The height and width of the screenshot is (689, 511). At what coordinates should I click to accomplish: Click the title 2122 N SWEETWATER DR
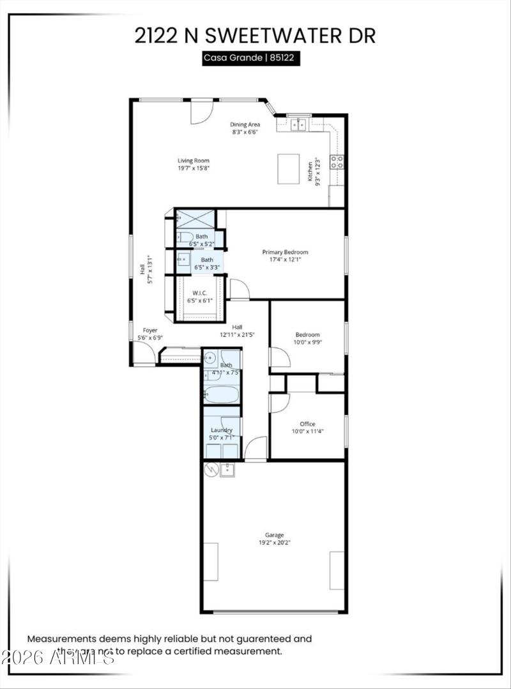click(255, 35)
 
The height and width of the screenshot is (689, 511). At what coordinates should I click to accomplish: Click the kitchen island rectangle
click(289, 169)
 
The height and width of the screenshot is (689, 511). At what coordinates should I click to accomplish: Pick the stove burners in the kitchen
click(337, 162)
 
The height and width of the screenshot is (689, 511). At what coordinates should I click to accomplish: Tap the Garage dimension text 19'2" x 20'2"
click(274, 543)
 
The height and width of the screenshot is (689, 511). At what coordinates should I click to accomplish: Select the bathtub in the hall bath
click(221, 392)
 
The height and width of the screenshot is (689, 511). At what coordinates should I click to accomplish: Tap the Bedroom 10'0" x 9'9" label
click(307, 338)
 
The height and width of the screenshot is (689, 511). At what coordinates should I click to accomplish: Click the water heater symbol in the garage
click(211, 470)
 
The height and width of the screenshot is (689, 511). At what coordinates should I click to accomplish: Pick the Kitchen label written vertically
click(310, 171)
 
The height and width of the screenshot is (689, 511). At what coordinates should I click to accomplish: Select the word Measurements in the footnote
click(60, 638)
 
